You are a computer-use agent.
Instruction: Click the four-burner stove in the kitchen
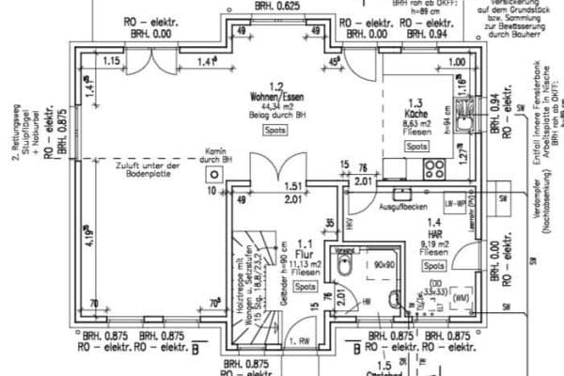point(434,169)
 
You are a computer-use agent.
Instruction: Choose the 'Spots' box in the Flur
point(304,285)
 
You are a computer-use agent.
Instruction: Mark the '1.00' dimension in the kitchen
point(458,62)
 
